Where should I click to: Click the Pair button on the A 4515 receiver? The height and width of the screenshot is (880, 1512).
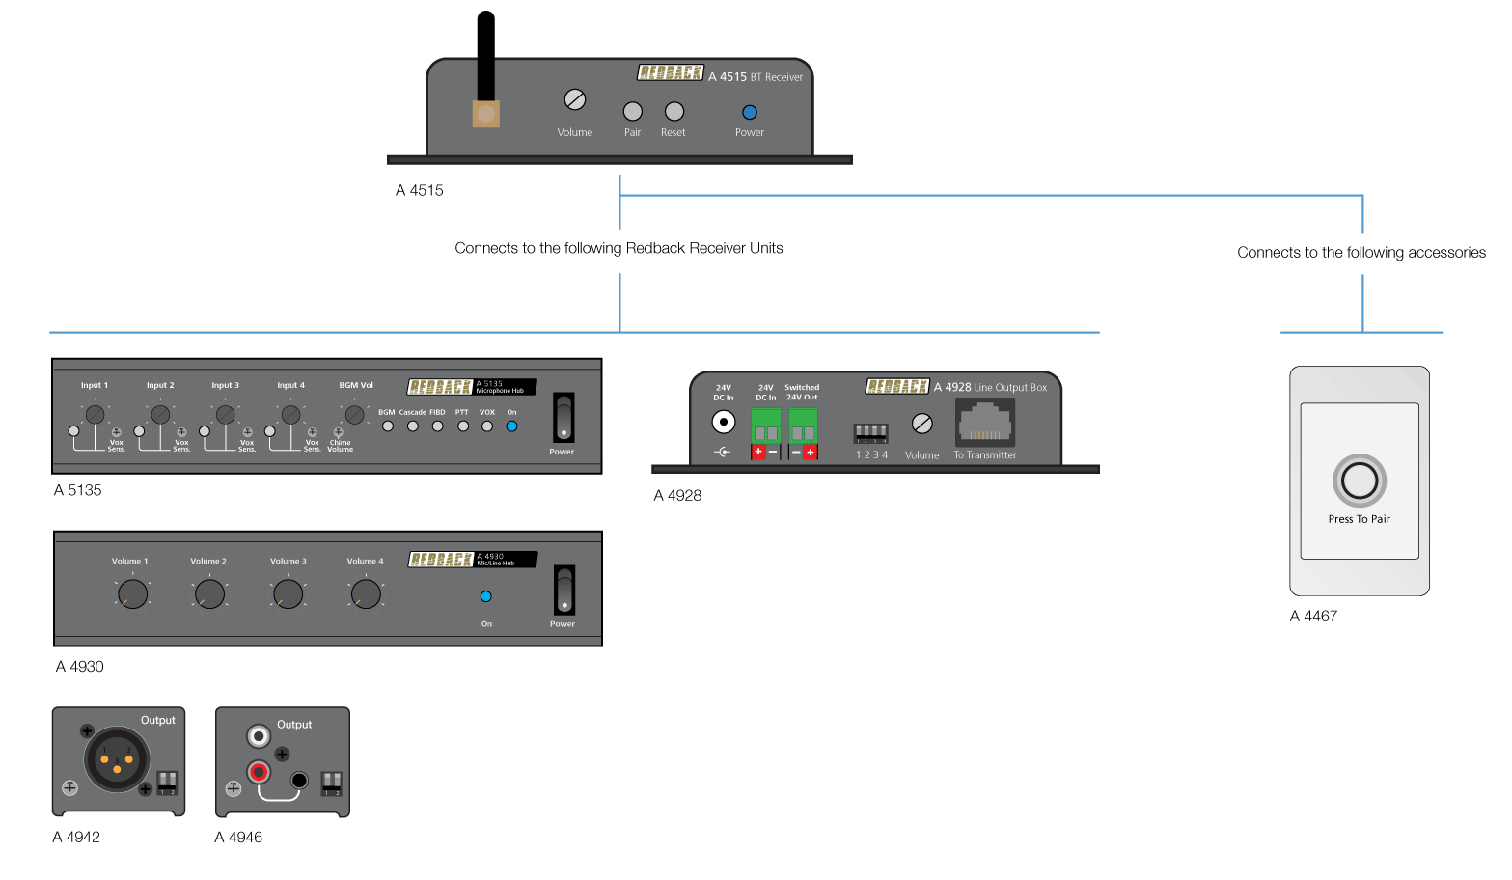pyautogui.click(x=632, y=112)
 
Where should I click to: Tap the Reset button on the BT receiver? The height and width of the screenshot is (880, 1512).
pyautogui.click(x=674, y=112)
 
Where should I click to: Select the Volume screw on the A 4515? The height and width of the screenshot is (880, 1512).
pyautogui.click(x=575, y=99)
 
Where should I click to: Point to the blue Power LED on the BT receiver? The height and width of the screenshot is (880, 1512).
pyautogui.click(x=749, y=113)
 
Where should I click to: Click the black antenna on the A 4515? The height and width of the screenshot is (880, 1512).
pyautogui.click(x=485, y=58)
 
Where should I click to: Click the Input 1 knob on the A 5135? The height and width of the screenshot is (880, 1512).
pyautogui.click(x=95, y=415)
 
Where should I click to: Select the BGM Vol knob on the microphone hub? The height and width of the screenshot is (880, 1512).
pyautogui.click(x=355, y=414)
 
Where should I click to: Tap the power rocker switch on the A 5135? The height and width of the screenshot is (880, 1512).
pyautogui.click(x=563, y=418)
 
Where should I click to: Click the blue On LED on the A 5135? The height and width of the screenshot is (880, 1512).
pyautogui.click(x=511, y=426)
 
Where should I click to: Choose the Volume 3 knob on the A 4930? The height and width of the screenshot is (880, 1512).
pyautogui.click(x=288, y=593)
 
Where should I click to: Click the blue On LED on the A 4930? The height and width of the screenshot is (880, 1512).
pyautogui.click(x=485, y=596)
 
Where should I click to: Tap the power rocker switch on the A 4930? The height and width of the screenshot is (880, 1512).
pyautogui.click(x=564, y=590)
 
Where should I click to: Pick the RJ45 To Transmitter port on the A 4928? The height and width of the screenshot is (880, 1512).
pyautogui.click(x=984, y=423)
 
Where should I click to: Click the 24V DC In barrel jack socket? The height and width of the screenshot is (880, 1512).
pyautogui.click(x=723, y=422)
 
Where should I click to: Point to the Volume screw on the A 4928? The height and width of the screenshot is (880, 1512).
pyautogui.click(x=921, y=424)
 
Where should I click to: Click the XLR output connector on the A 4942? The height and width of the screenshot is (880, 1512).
pyautogui.click(x=117, y=758)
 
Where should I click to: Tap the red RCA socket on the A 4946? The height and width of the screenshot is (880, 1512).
pyautogui.click(x=259, y=772)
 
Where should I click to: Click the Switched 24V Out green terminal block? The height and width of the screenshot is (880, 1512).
pyautogui.click(x=803, y=426)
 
